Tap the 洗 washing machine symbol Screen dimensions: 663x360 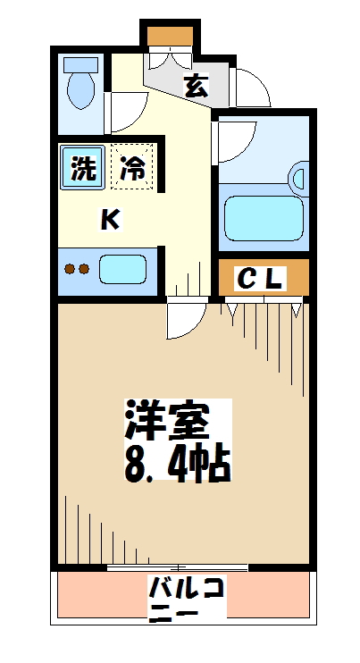click(82, 168)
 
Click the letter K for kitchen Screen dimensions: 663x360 click(109, 219)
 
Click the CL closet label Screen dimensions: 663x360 click(261, 279)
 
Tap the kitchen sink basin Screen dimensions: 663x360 click(122, 268)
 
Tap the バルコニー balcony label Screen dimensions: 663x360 click(187, 600)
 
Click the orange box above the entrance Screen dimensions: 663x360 click(169, 37)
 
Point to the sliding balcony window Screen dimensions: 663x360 click(178, 567)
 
